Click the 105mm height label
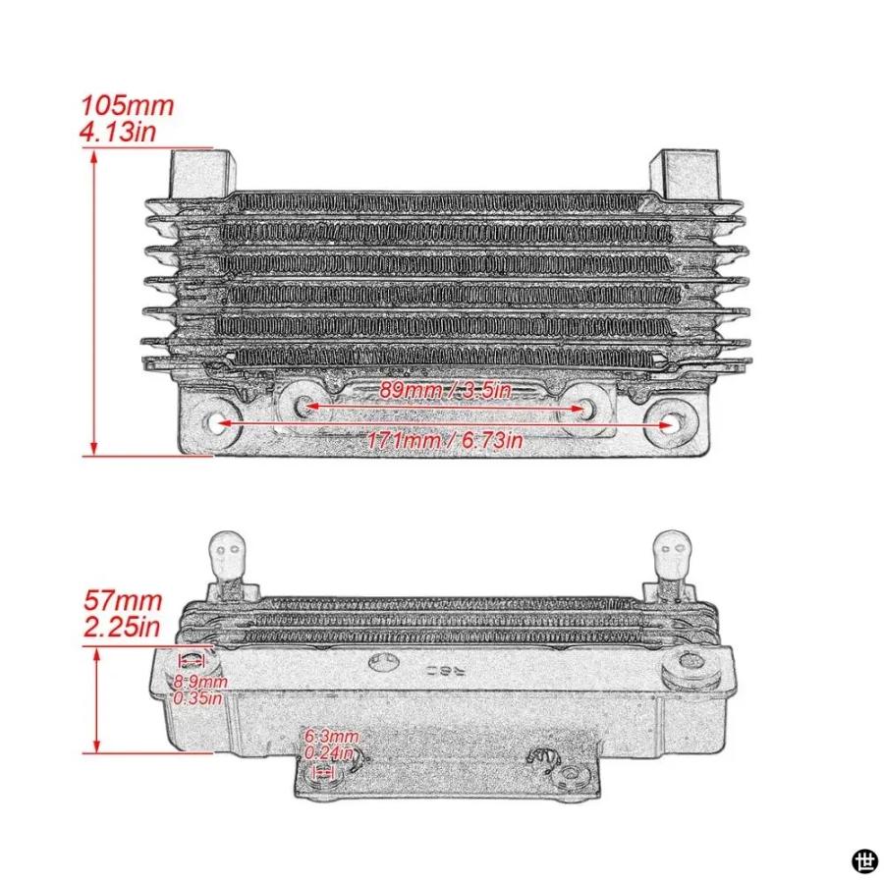pos(128,106)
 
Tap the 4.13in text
pos(118,132)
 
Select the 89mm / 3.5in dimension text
pos(444,390)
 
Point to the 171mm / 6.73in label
pos(445,440)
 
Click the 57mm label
pos(123,601)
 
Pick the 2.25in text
pos(122,627)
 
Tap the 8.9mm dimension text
pos(200,682)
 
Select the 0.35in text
pos(197,698)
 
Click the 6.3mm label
pos(332,737)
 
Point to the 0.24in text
pos(329,752)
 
